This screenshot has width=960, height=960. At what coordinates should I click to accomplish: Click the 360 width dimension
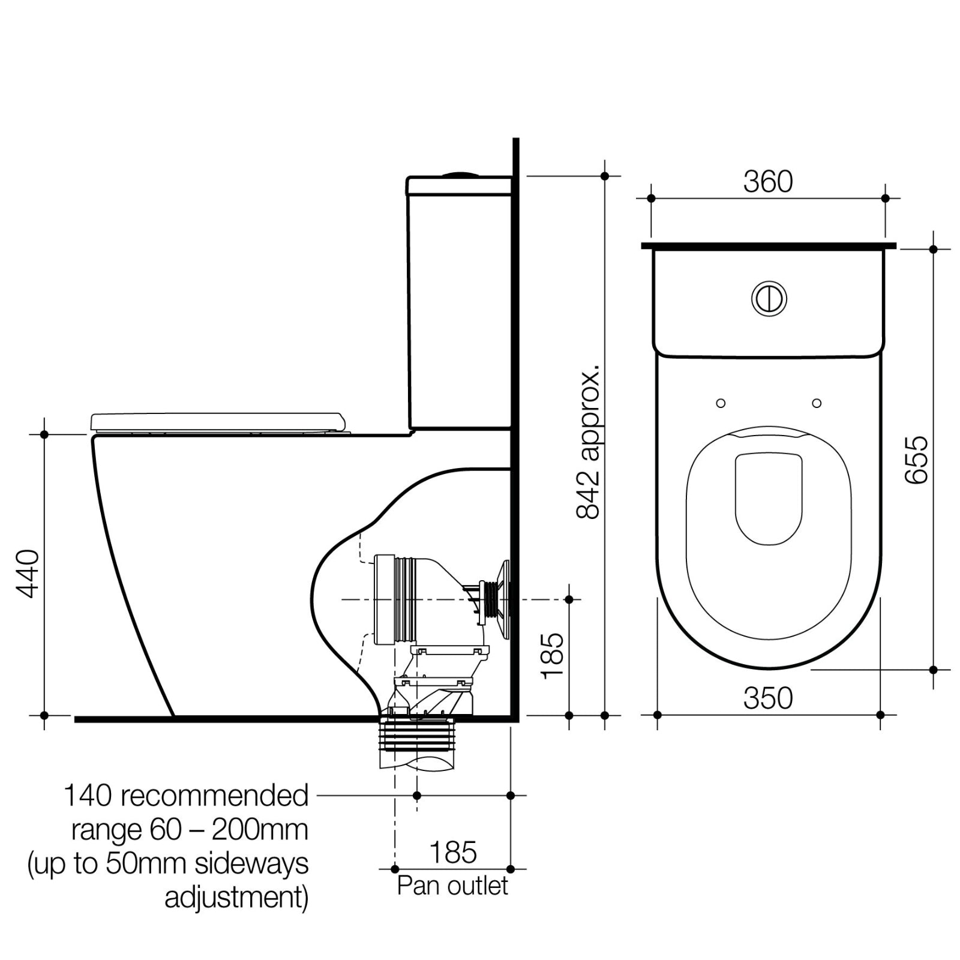coord(767,182)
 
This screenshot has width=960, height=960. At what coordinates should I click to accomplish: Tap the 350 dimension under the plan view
coord(767,698)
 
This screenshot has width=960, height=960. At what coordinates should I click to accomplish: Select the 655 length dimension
coord(916,460)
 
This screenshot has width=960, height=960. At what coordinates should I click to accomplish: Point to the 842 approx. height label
coord(588,441)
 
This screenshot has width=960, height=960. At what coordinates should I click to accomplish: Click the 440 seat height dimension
coord(27,574)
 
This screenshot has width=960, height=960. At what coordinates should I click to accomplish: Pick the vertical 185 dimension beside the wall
coord(553,656)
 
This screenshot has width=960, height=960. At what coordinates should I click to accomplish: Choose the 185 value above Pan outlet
coord(453,853)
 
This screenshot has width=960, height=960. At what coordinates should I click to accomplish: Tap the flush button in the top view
coord(769,298)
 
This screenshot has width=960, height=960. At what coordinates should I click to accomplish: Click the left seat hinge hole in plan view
coord(721,403)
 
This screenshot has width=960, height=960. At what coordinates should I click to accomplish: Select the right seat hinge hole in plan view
coord(817,403)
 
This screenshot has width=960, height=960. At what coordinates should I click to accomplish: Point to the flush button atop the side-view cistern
coord(461,175)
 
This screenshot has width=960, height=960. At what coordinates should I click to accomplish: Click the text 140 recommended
coord(185,796)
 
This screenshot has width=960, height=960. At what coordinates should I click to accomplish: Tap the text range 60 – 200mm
coord(190,830)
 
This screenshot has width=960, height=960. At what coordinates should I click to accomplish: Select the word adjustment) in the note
coord(236,898)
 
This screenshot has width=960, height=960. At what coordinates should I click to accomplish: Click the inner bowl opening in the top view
coord(769,499)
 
